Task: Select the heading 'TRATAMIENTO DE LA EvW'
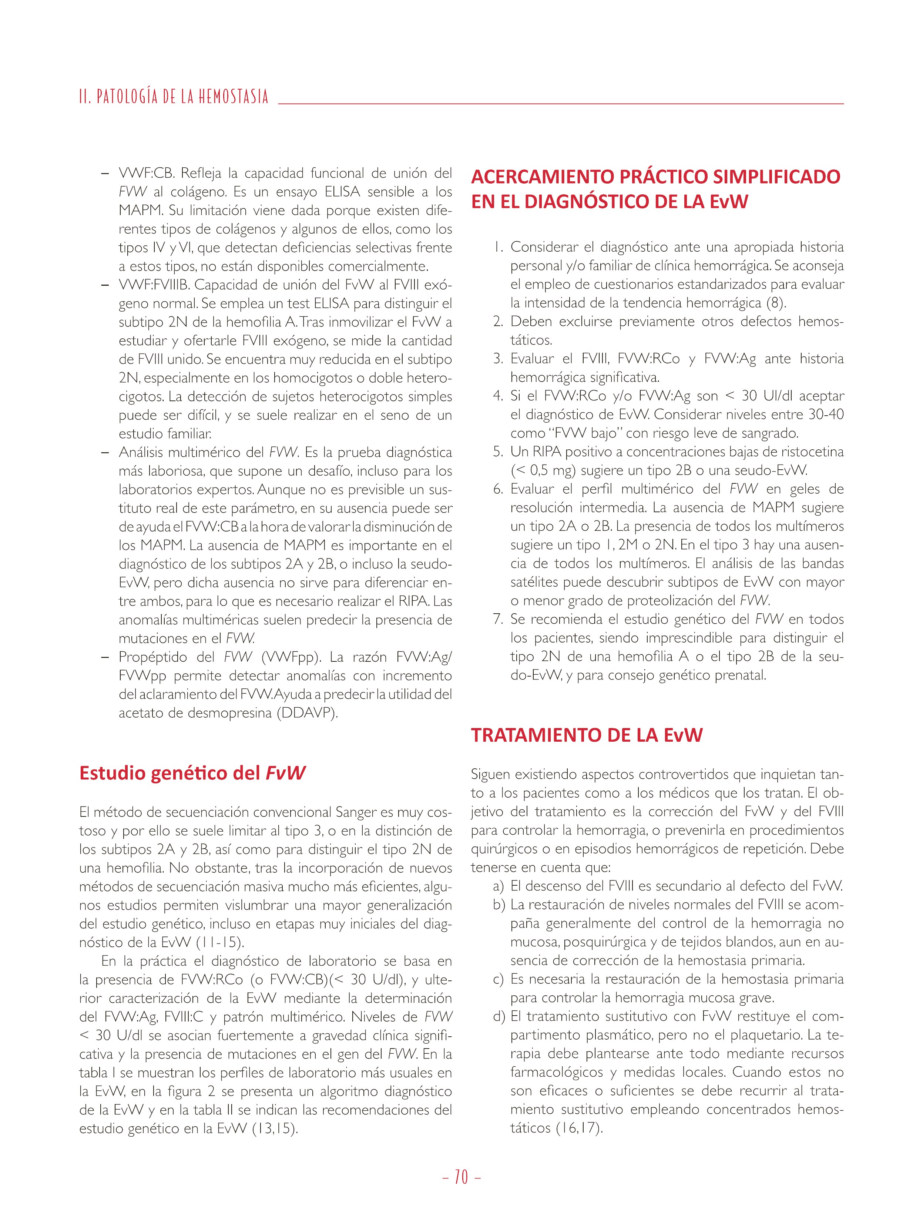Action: coord(586,735)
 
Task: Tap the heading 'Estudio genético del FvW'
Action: coord(192,773)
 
